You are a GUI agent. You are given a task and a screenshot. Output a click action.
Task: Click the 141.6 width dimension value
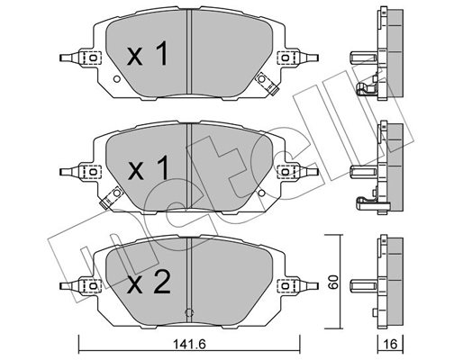pyautogui.click(x=189, y=345)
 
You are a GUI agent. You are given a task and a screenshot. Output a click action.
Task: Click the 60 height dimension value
pyautogui.click(x=333, y=282)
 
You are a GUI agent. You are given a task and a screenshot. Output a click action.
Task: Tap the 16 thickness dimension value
pyautogui.click(x=391, y=345)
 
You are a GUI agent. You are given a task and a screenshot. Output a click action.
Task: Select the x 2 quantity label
pyautogui.click(x=149, y=282)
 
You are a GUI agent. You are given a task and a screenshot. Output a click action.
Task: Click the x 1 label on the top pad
pyautogui.click(x=148, y=54)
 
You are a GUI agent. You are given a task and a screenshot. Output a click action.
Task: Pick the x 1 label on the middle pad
pyautogui.click(x=148, y=168)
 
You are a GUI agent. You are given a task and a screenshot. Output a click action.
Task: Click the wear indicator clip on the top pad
pyautogui.click(x=267, y=84)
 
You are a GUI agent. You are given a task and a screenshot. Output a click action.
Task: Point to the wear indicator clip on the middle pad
pyautogui.click(x=110, y=197)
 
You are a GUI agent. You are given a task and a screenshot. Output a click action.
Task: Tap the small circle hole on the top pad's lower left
pyautogui.click(x=117, y=79)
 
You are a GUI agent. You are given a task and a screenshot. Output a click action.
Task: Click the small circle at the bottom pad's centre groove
pyautogui.click(x=189, y=312)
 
